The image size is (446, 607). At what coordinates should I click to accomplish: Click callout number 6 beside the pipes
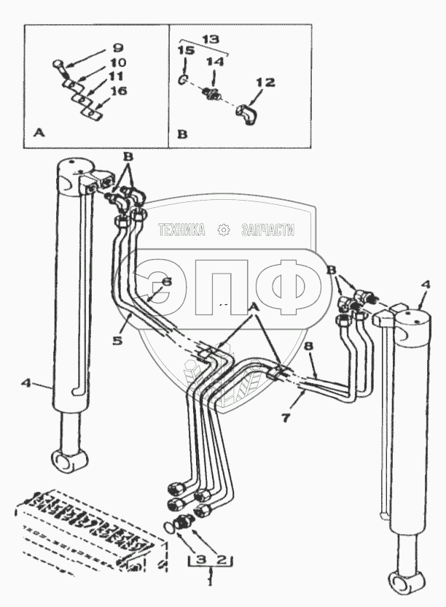tap(167, 282)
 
